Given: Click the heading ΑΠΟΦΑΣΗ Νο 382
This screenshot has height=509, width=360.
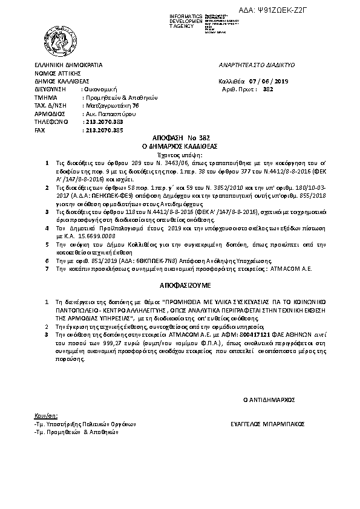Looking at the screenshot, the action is click(x=179, y=139).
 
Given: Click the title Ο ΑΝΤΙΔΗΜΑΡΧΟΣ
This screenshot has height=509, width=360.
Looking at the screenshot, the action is click(x=268, y=400).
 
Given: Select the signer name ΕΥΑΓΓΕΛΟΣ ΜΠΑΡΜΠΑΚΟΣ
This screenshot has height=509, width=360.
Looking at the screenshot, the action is click(x=268, y=425).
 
